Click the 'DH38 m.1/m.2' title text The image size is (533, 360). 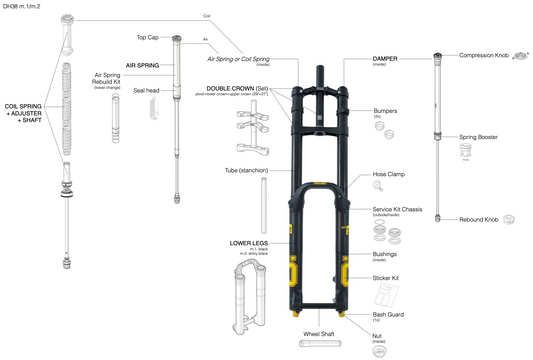pos(29,7)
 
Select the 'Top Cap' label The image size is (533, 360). pos(148,37)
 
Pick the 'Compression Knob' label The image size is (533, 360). pos(482,55)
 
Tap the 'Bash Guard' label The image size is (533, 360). pos(388,314)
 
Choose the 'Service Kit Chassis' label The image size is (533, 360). pos(396,209)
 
